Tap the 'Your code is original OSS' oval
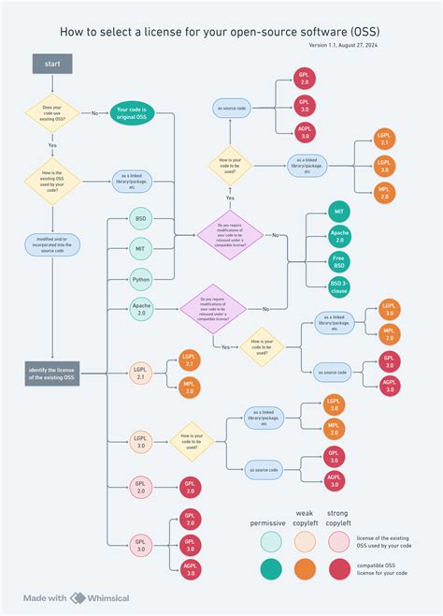coord(132,113)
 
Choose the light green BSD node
coord(141,219)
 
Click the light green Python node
coord(141,278)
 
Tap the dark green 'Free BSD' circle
coord(339,261)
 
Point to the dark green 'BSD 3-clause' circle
coord(339,286)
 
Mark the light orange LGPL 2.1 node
coord(141,373)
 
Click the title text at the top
coord(220,31)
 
